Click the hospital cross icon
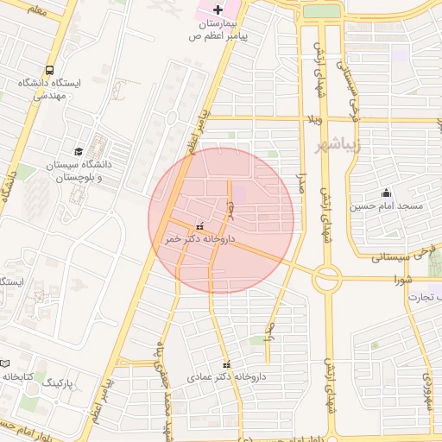pyautogui.click(x=217, y=7)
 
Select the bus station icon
pyautogui.click(x=49, y=70)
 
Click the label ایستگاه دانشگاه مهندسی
pyautogui.click(x=49, y=90)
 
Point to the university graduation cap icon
pyautogui.click(x=79, y=151)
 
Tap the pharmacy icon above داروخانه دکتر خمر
pyautogui.click(x=200, y=226)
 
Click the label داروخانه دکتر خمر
pyautogui.click(x=200, y=239)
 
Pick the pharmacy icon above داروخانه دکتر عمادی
pyautogui.click(x=227, y=365)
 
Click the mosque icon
pyautogui.click(x=385, y=193)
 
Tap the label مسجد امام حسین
pyautogui.click(x=386, y=206)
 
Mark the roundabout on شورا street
pyautogui.click(x=327, y=279)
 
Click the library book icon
pyautogui.click(x=4, y=364)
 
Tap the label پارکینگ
pyautogui.click(x=60, y=380)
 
